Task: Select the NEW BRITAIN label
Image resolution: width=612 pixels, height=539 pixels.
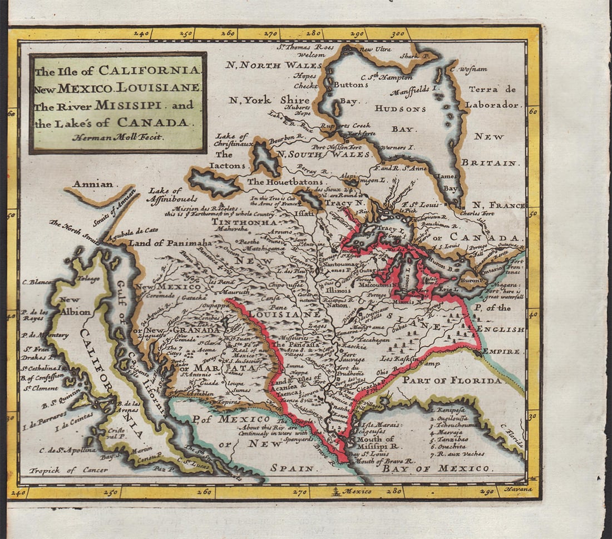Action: click(x=490, y=149)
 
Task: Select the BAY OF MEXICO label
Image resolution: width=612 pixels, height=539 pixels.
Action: click(x=436, y=468)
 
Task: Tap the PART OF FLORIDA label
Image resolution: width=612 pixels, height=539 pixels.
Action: click(x=452, y=381)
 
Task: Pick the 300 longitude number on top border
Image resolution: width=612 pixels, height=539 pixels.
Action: click(x=398, y=34)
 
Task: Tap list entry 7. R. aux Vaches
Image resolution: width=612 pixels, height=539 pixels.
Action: click(x=458, y=454)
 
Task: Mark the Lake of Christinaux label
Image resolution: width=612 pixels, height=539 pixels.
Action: click(x=233, y=140)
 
